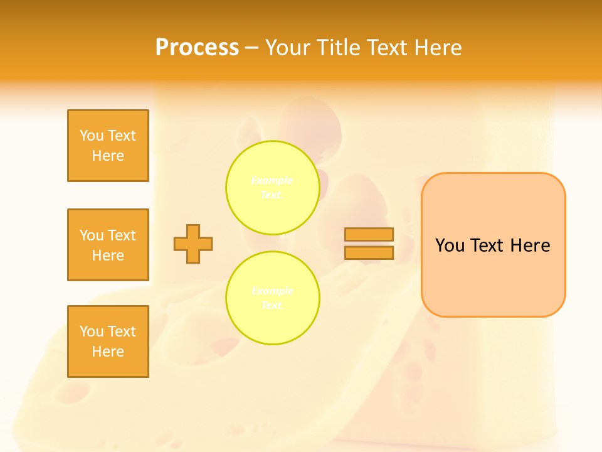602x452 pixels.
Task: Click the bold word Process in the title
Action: pyautogui.click(x=197, y=47)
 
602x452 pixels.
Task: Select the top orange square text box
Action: pyautogui.click(x=108, y=146)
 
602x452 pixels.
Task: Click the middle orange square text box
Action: pyautogui.click(x=108, y=245)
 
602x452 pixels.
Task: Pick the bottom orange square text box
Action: pyautogui.click(x=108, y=342)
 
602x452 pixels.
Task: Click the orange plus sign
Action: pyautogui.click(x=193, y=244)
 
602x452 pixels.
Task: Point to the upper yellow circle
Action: pyautogui.click(x=273, y=188)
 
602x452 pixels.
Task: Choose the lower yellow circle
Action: pyautogui.click(x=273, y=298)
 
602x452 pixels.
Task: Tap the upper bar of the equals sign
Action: pyautogui.click(x=369, y=235)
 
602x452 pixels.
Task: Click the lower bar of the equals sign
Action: pyautogui.click(x=369, y=252)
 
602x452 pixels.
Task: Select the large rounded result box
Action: pyautogui.click(x=493, y=276)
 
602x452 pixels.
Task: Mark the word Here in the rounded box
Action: pyautogui.click(x=530, y=245)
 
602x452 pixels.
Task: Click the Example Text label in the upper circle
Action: pyautogui.click(x=272, y=188)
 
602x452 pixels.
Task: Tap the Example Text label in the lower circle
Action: pyautogui.click(x=272, y=298)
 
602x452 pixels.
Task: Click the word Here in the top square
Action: pyautogui.click(x=108, y=156)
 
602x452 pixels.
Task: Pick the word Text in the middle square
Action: pyautogui.click(x=122, y=235)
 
